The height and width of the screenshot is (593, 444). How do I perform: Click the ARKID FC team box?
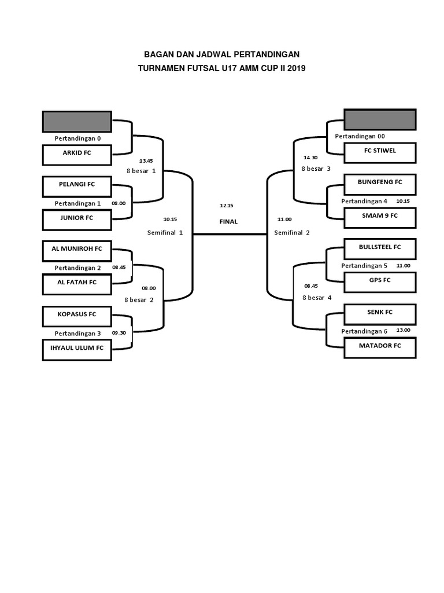[x=77, y=154]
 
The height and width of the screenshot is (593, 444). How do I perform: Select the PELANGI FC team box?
[x=77, y=185]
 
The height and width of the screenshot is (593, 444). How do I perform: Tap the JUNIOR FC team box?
[x=77, y=218]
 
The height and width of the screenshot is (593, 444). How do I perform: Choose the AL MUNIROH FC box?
[x=77, y=250]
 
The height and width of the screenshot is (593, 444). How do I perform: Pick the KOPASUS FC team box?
[x=77, y=315]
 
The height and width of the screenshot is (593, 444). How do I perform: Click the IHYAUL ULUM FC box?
[x=77, y=349]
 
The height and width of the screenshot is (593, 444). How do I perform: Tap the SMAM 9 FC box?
[x=380, y=216]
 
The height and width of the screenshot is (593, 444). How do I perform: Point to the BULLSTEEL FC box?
[x=380, y=247]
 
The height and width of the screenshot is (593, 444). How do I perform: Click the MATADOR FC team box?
[x=380, y=346]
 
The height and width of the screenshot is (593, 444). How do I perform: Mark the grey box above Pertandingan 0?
[x=77, y=122]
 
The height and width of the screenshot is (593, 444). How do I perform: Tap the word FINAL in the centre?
[x=228, y=221]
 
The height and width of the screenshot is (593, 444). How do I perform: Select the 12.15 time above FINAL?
[x=226, y=205]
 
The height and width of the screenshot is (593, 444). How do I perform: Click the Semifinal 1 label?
[x=165, y=233]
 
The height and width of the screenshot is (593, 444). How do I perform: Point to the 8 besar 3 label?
[x=316, y=169]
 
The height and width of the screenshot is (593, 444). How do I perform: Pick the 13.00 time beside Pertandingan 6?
[x=403, y=330]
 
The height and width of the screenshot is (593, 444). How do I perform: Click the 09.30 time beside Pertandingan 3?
[x=119, y=334]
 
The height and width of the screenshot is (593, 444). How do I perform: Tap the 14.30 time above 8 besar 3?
[x=310, y=158]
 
